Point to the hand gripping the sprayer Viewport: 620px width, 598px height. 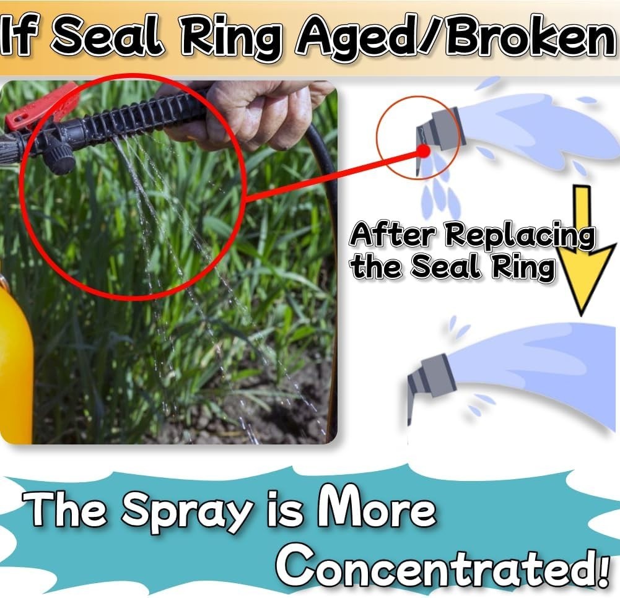click(253, 115)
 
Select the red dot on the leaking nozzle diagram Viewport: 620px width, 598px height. click(424, 150)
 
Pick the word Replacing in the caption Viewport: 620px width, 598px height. click(520, 236)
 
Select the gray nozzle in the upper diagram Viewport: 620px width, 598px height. click(440, 132)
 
